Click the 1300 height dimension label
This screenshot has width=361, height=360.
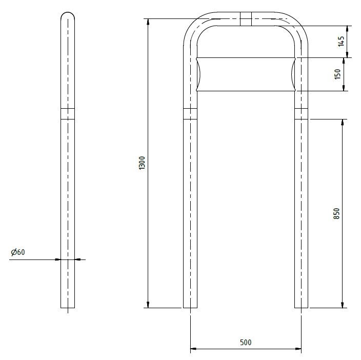(x=142, y=163)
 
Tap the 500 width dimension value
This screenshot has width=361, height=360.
(x=246, y=342)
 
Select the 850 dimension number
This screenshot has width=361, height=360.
(x=336, y=213)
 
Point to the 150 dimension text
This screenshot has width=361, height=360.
(x=337, y=74)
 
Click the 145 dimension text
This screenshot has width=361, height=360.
(x=341, y=41)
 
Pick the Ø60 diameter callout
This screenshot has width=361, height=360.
(x=18, y=252)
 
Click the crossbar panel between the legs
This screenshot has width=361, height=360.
(x=246, y=74)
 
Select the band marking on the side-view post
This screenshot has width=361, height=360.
(x=68, y=114)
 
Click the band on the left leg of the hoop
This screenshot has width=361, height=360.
(x=190, y=114)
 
